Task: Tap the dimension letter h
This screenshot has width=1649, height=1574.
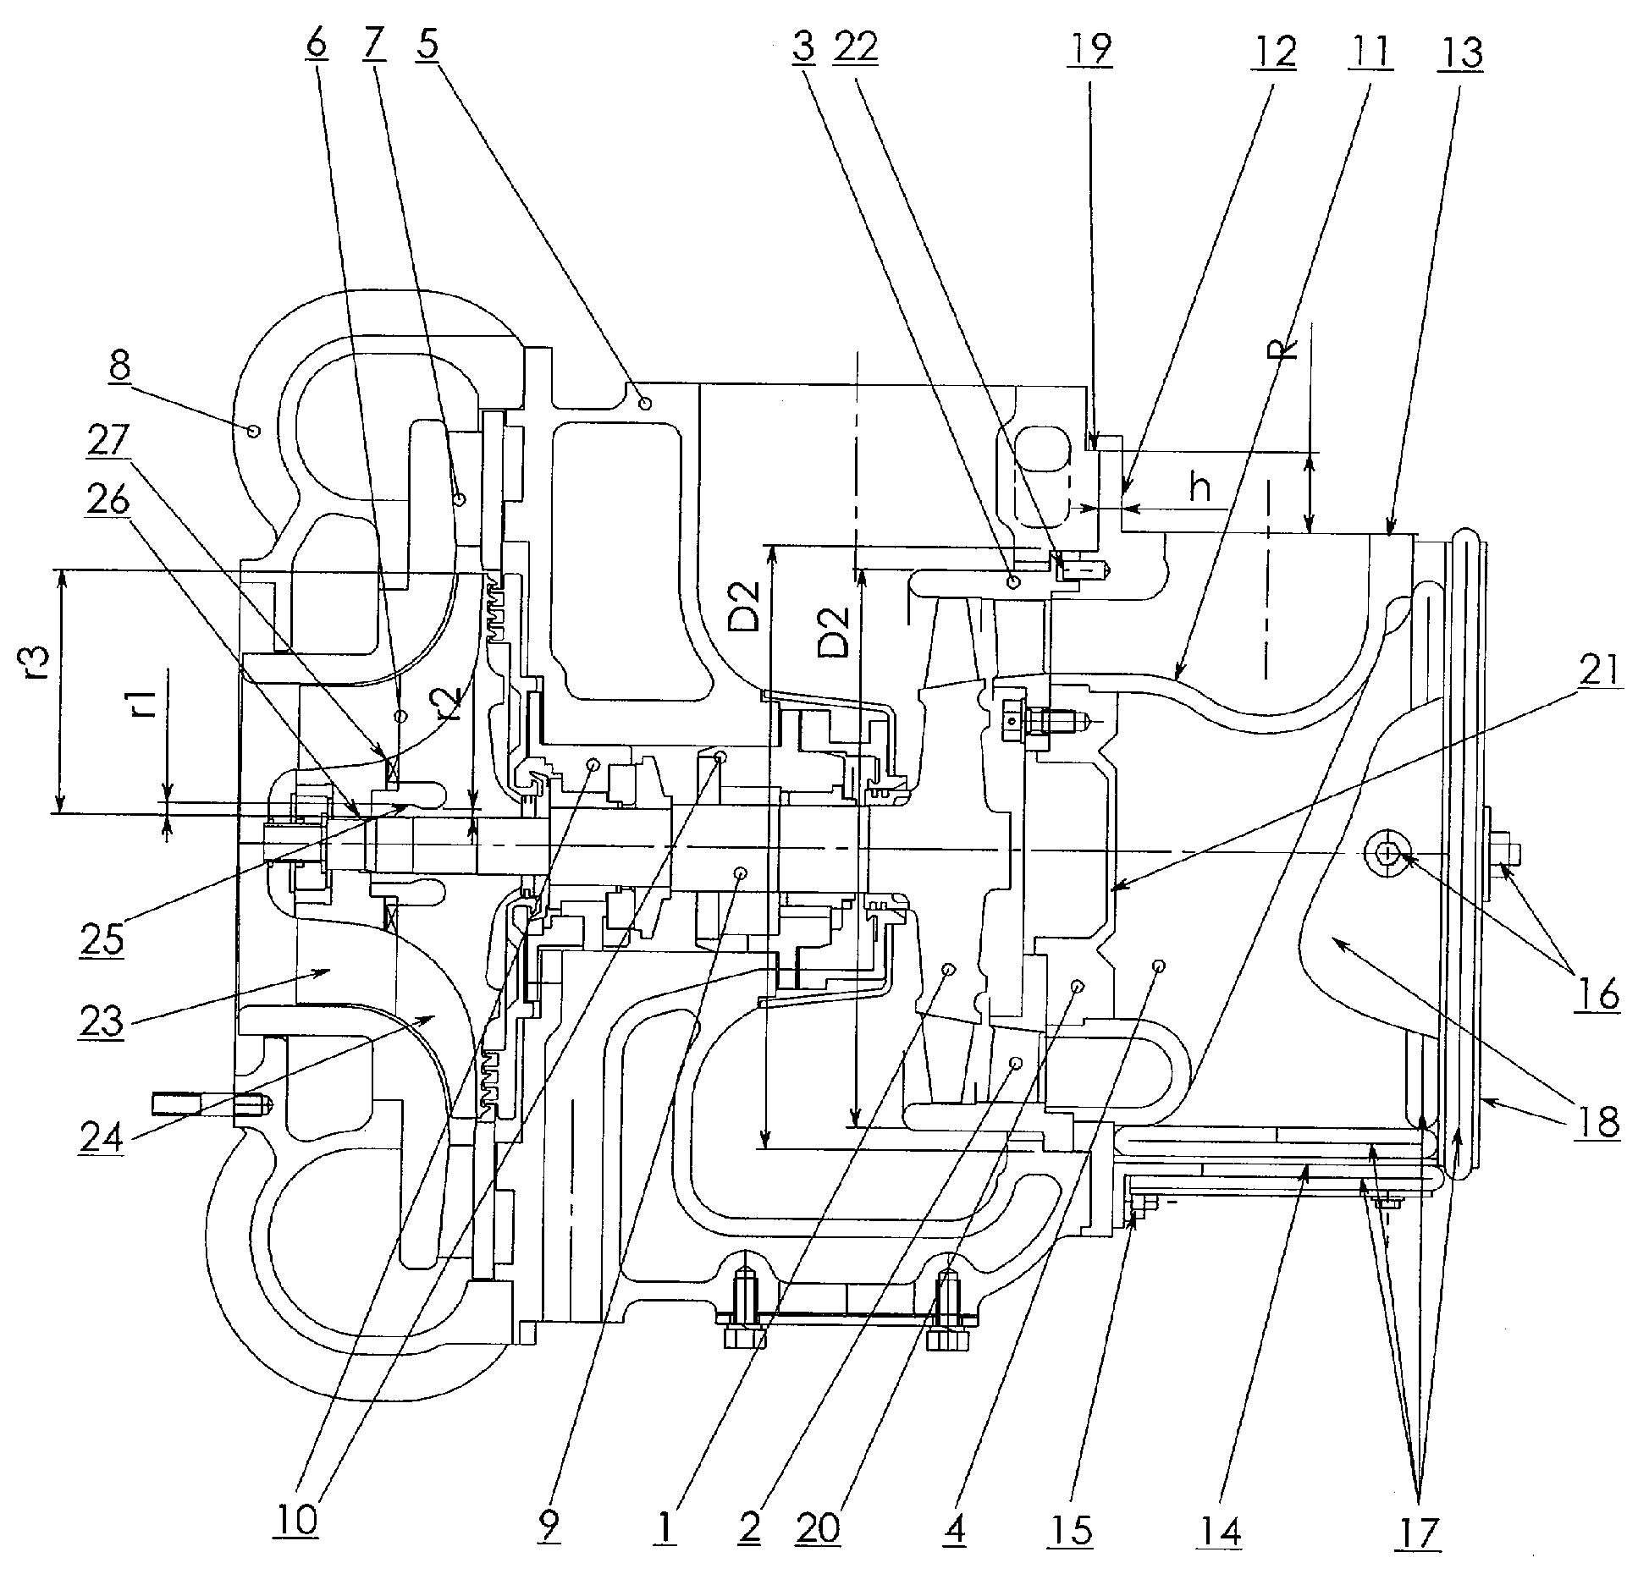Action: (1200, 489)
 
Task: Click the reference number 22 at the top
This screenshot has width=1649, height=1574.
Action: (854, 49)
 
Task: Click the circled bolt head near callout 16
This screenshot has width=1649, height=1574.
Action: (1386, 856)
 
